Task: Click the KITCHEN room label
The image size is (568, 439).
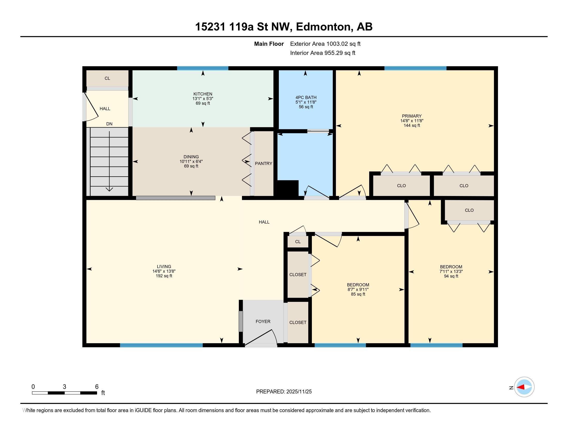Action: [203, 94]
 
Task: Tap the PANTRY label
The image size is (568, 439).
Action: [263, 163]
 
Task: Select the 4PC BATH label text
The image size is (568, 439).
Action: [306, 98]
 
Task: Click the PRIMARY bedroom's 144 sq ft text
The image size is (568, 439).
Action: [412, 126]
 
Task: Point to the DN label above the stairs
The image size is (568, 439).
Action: [109, 124]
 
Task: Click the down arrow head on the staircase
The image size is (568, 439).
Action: [109, 189]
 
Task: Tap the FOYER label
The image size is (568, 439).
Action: [263, 322]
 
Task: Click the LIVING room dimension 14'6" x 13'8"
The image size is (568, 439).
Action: [164, 271]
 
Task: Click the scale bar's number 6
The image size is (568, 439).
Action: [97, 387]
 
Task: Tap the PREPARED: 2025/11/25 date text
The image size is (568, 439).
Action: [284, 392]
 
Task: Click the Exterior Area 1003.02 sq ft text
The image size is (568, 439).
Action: [325, 44]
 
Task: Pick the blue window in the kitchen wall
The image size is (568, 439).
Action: [203, 68]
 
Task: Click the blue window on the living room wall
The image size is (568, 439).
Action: [161, 345]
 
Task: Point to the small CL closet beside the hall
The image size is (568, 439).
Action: [298, 242]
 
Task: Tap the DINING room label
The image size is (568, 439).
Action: [191, 157]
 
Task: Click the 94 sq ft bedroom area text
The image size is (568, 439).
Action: [451, 276]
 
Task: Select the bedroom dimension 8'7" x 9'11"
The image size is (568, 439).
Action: [358, 289]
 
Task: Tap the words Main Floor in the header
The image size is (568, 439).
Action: [269, 44]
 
